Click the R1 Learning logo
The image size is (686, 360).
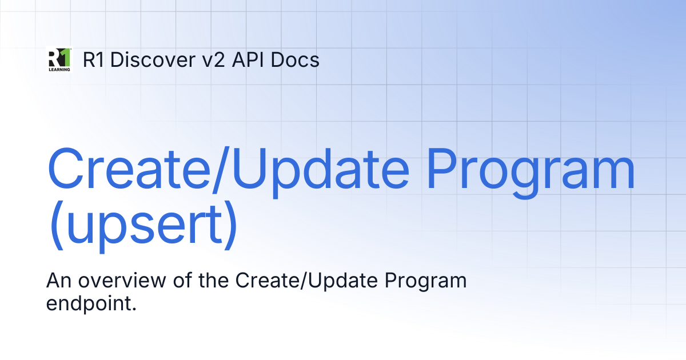(x=59, y=59)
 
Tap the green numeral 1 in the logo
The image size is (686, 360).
(x=65, y=57)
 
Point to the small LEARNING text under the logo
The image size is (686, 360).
(x=59, y=70)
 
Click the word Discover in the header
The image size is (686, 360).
(x=153, y=59)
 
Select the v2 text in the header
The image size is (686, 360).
(x=213, y=59)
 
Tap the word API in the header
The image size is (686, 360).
(x=248, y=59)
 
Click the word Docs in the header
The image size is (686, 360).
(x=295, y=59)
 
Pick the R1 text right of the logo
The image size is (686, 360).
(x=93, y=59)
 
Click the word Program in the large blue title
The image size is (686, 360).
(x=531, y=173)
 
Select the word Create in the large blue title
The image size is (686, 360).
(x=128, y=169)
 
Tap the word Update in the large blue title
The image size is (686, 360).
(x=321, y=173)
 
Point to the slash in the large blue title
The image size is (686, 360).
(x=221, y=170)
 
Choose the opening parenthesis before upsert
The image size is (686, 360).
(x=57, y=225)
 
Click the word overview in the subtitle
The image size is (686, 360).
(x=122, y=281)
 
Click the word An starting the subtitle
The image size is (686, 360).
(x=59, y=281)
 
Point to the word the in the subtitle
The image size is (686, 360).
(x=213, y=280)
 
